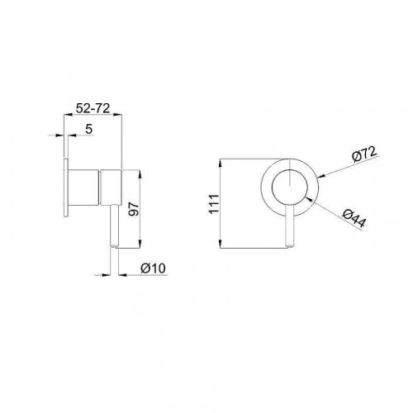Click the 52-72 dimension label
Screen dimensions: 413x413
coord(93,108)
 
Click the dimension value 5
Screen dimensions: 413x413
coord(88,129)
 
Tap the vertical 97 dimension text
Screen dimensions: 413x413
coord(134,209)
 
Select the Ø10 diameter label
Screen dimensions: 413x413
coord(154,268)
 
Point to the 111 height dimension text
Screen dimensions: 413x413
coord(214,204)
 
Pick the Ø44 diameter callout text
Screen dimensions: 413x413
coord(354,218)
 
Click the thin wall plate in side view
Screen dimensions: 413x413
coord(66,188)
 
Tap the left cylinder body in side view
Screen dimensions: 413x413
coord(83,188)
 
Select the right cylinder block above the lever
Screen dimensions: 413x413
coord(111,188)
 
